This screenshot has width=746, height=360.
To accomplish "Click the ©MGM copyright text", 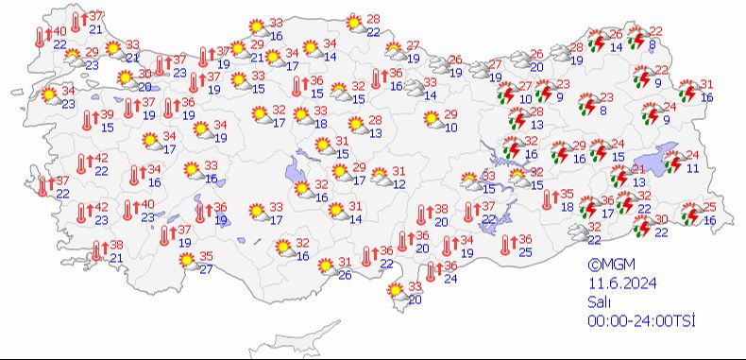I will (x=608, y=266).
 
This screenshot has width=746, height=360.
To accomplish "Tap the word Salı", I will (x=597, y=303).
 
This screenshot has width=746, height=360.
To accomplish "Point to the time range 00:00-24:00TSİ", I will (x=641, y=321).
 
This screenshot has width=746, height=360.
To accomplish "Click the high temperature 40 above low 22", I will (x=59, y=31).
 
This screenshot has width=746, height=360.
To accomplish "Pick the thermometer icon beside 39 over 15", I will (x=87, y=120).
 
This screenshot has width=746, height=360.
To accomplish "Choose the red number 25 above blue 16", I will (x=709, y=207).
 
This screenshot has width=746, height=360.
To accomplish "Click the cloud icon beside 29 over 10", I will (x=432, y=119).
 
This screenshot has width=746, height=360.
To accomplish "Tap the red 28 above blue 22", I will (x=372, y=19).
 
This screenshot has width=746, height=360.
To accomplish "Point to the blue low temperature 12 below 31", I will (x=398, y=183).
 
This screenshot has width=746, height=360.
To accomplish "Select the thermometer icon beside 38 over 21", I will (x=98, y=250).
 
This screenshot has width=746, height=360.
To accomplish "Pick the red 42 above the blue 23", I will (x=101, y=207).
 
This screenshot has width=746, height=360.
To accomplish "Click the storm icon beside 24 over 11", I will (x=671, y=162).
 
